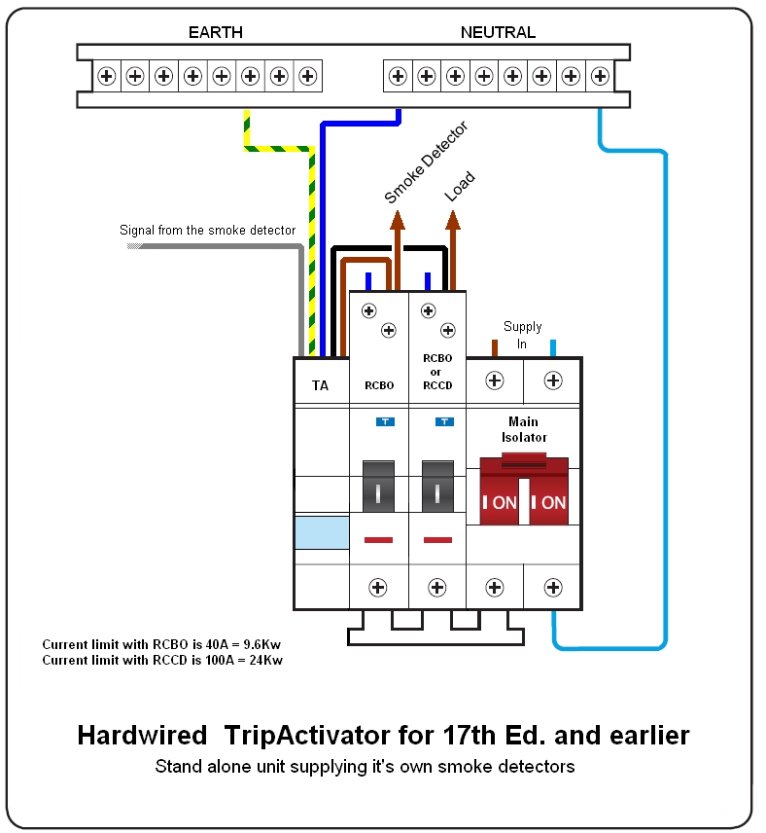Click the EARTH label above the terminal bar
[x=215, y=32]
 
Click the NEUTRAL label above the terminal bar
[x=498, y=32]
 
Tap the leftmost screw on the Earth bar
[x=106, y=74]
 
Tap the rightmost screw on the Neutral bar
[x=600, y=74]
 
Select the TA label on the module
[x=320, y=385]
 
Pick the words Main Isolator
[x=524, y=429]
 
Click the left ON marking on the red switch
[x=500, y=503]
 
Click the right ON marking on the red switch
[x=549, y=503]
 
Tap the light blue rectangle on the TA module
[x=321, y=532]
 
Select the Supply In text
[x=523, y=335]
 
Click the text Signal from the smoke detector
[x=207, y=231]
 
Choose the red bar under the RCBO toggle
[x=378, y=539]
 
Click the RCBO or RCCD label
[x=437, y=370]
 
